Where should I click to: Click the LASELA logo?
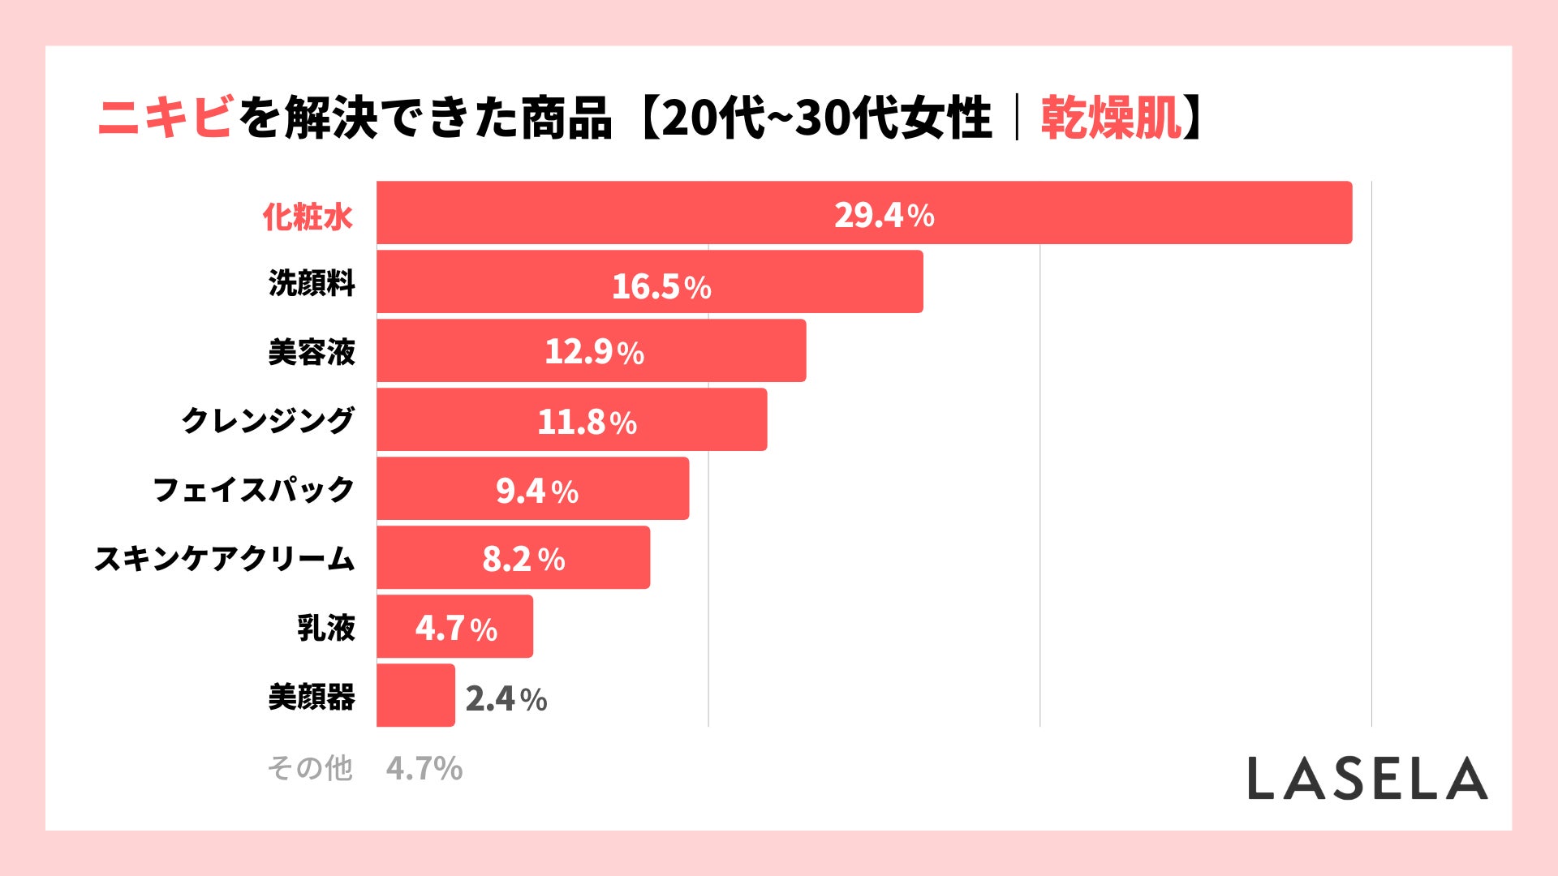[1367, 779]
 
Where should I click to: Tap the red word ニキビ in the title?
[166, 118]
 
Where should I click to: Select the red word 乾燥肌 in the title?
[1112, 118]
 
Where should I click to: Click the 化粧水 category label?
[308, 217]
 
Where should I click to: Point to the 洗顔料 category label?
[312, 283]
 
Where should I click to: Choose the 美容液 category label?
[312, 352]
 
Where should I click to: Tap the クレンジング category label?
[268, 420]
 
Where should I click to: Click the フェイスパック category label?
[254, 489]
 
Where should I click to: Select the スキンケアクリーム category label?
[225, 558]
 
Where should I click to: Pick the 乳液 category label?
[326, 627]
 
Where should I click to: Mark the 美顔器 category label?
[312, 696]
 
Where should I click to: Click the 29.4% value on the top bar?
[884, 215]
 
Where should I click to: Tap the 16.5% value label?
[661, 286]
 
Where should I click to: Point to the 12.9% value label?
[594, 352]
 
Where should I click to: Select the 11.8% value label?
[587, 422]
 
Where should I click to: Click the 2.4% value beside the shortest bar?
[506, 698]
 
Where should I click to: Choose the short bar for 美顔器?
[415, 695]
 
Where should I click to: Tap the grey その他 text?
[310, 767]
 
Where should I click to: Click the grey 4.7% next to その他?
[424, 768]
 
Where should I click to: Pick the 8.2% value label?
[523, 559]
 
